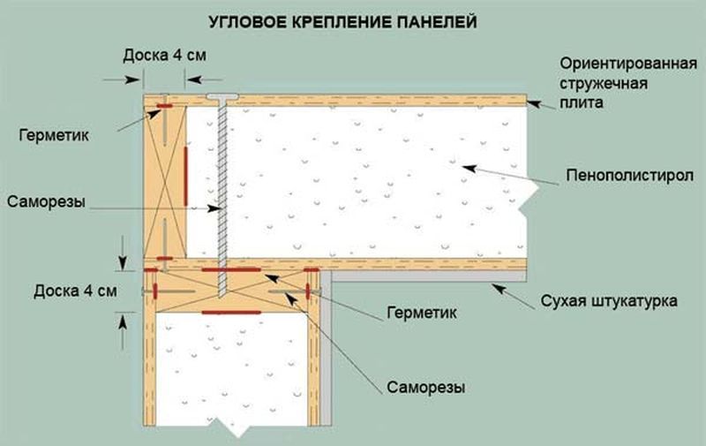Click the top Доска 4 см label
pyautogui.click(x=165, y=54)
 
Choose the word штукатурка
pyautogui.click(x=634, y=301)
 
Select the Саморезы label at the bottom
pyautogui.click(x=425, y=387)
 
